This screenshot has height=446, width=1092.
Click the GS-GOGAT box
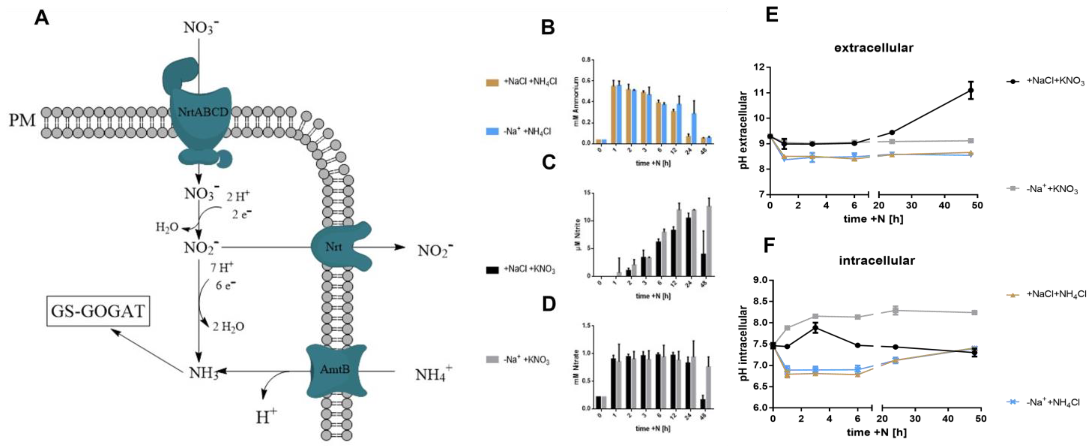(98, 311)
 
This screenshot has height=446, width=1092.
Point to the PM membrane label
(22, 120)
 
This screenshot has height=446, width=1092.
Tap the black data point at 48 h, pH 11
(971, 90)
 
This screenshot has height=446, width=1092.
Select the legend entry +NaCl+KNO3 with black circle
(1045, 81)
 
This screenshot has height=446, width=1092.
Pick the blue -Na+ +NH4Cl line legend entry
(1045, 401)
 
